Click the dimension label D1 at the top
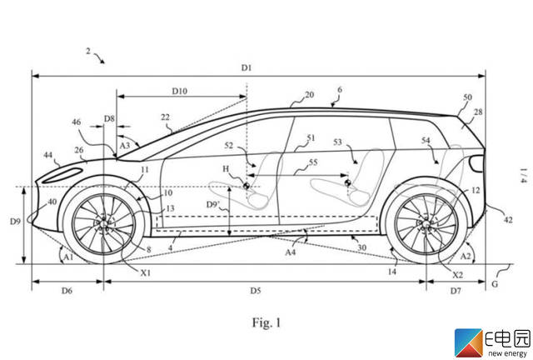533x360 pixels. (x=247, y=67)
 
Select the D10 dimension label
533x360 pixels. (x=180, y=90)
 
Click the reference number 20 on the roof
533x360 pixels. (x=309, y=96)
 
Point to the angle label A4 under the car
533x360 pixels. (x=291, y=251)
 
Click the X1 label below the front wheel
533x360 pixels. (x=147, y=272)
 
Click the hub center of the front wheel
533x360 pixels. (x=103, y=224)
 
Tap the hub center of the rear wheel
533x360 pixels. (x=426, y=224)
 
